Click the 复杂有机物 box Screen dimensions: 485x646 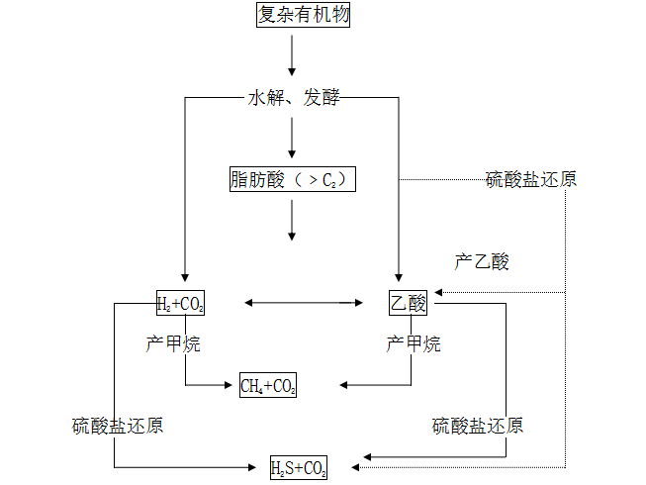(x=303, y=15)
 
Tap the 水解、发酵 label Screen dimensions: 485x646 (x=293, y=99)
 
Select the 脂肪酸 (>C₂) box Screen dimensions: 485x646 (x=291, y=180)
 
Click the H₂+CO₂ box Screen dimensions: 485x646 (x=180, y=303)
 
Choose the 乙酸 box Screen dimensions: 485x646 (x=408, y=303)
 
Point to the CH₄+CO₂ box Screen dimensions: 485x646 (x=268, y=385)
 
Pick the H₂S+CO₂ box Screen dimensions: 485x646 (x=299, y=467)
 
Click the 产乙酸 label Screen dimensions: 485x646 (x=482, y=262)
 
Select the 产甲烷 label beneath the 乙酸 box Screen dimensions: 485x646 (x=414, y=344)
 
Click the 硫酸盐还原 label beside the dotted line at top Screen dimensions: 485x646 (x=531, y=179)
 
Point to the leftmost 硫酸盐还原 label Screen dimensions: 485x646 (x=118, y=427)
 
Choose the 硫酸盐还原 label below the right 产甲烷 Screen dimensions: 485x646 (x=478, y=427)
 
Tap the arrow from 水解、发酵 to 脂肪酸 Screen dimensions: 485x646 (x=292, y=139)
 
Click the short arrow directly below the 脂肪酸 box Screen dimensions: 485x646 (x=292, y=221)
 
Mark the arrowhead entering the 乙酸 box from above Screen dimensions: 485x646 (x=398, y=279)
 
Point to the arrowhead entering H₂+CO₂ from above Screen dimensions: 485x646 (x=185, y=279)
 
